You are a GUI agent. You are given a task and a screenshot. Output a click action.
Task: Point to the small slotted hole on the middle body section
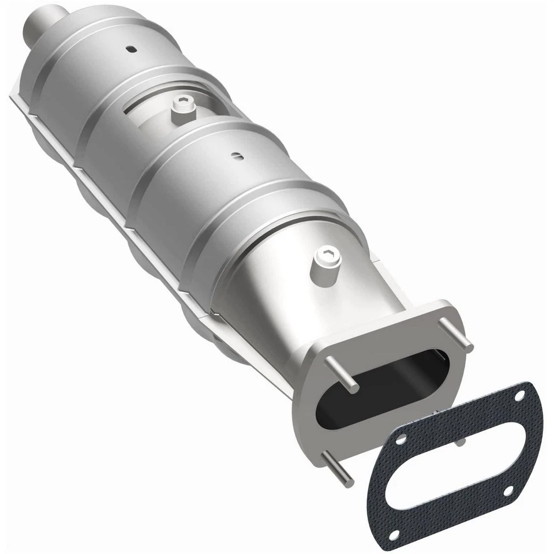[x=235, y=154]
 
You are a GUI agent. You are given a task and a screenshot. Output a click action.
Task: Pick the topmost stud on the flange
[x=456, y=334]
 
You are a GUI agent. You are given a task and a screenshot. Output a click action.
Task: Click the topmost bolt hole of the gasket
[x=519, y=397]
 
